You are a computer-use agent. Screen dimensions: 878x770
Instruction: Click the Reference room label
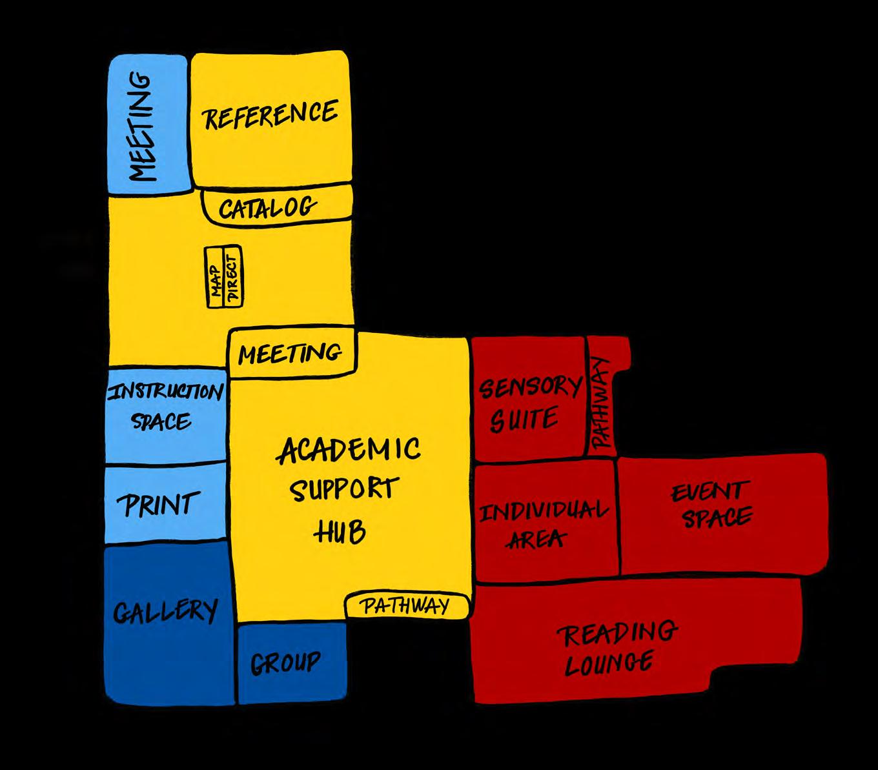coord(271,115)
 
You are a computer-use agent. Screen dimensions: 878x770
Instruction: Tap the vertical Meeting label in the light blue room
coord(143,127)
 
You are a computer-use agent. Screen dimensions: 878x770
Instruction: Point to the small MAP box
coord(216,277)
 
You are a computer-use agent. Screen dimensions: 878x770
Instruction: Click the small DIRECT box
coord(232,277)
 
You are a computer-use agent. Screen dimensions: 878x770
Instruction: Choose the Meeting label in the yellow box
coord(289,353)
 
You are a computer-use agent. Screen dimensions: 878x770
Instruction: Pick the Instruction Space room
coord(165,407)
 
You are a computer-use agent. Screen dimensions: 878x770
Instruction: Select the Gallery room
coord(165,611)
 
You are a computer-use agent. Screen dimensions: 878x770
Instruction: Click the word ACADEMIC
coord(349,449)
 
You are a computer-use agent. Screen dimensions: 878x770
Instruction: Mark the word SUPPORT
coord(343,491)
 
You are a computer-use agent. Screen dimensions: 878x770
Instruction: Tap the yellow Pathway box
coord(405,606)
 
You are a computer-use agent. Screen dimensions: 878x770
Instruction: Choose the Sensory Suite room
coord(527,403)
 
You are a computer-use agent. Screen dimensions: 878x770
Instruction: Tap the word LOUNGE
coord(609,663)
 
